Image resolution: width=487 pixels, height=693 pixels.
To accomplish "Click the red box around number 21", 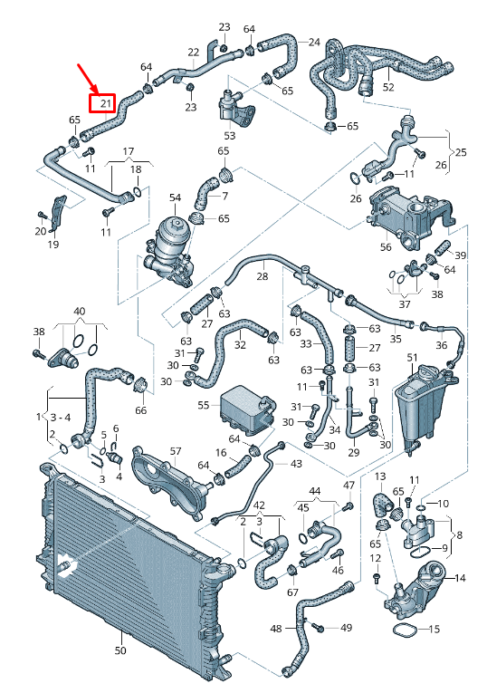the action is (x=102, y=103).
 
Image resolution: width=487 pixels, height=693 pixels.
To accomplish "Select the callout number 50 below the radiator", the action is (x=120, y=650).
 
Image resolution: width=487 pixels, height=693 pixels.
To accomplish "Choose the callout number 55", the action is (x=204, y=405).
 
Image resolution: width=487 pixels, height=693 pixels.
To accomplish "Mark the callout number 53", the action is (x=230, y=136).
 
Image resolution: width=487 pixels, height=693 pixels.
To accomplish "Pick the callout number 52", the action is (x=388, y=87).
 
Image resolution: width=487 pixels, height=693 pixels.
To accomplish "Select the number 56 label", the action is (x=386, y=246).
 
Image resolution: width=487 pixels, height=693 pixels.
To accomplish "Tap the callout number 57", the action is (x=176, y=451).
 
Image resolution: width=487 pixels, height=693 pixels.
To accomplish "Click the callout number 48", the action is (x=276, y=628).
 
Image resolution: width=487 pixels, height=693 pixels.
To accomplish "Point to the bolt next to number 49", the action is (x=318, y=627).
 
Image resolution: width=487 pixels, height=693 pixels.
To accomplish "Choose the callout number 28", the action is (x=263, y=276).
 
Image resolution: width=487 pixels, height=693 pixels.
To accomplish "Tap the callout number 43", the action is (x=296, y=464).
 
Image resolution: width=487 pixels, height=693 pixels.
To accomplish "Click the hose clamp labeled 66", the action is (x=141, y=383).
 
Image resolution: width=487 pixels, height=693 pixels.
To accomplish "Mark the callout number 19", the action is (x=53, y=244).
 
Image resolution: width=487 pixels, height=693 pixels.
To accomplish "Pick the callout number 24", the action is (x=314, y=42).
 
